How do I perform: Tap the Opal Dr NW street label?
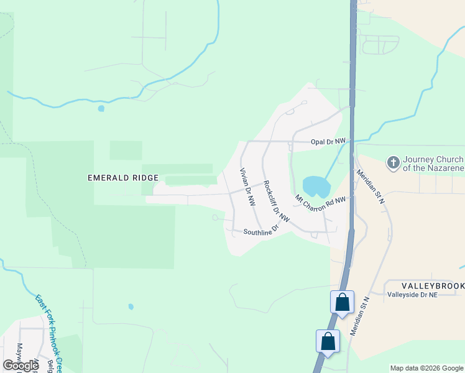coord(328,142)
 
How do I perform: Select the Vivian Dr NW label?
coord(247,187)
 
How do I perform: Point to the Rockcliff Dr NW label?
coord(276,201)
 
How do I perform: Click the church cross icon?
coord(393,163)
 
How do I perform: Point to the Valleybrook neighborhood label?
coord(425,285)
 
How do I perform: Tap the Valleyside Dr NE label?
coord(412,295)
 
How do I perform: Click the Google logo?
coord(21,366)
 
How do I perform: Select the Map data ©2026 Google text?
coord(426,368)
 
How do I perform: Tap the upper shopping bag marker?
coord(342,303)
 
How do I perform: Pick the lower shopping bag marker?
coord(328,341)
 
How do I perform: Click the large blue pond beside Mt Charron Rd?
coord(315,186)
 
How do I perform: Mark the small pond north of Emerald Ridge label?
coord(101,108)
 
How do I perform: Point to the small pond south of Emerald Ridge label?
coord(131,306)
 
